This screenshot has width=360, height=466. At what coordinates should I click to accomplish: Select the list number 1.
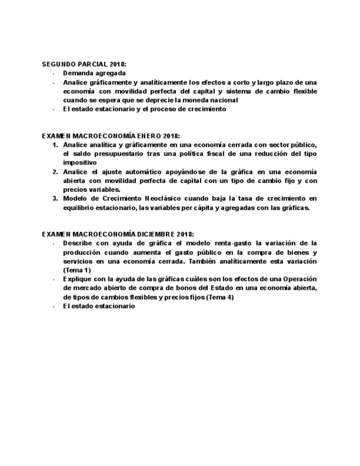[55, 145]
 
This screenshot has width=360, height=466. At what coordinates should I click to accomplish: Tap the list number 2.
[55, 171]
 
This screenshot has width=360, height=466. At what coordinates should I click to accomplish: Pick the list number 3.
[55, 198]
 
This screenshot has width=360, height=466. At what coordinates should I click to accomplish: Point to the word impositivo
[80, 163]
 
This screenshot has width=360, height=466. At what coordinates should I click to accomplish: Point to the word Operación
[300, 279]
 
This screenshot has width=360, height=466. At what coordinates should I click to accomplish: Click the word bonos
[171, 288]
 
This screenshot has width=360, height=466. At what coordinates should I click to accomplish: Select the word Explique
[77, 279]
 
